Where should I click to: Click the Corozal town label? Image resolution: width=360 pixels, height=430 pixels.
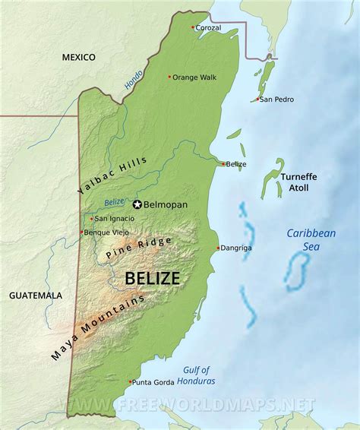tap(209, 28)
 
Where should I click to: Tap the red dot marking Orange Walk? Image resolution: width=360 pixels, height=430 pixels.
tap(169, 76)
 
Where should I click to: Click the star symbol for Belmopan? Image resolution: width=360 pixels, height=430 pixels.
tap(137, 204)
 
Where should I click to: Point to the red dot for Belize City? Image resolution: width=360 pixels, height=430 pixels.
tap(223, 163)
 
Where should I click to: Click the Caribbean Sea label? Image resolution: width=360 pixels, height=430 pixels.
tap(311, 240)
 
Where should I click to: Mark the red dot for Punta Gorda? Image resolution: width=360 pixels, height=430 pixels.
tap(131, 381)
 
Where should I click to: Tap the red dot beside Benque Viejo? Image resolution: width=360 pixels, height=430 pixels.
tap(82, 232)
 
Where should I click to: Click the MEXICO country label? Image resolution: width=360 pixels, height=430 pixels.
tap(78, 57)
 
